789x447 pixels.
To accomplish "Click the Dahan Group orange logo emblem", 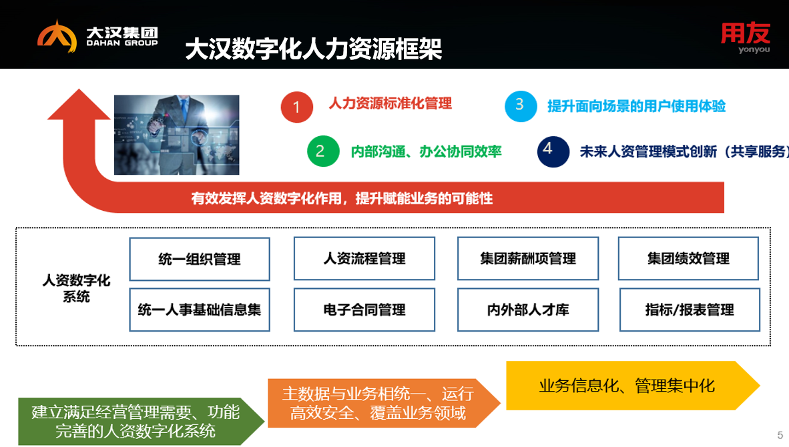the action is (x=57, y=36).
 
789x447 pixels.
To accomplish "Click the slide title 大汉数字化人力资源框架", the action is (x=314, y=49).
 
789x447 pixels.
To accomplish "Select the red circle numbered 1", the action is (x=297, y=107).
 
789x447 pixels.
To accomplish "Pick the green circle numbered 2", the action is (x=323, y=151).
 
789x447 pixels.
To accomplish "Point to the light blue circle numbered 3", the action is (x=521, y=106).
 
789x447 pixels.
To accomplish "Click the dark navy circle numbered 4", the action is (x=553, y=151).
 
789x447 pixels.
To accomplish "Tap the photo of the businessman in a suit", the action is (x=177, y=135).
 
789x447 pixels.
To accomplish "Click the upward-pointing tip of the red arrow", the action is (x=79, y=89).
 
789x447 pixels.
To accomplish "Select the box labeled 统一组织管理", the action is (x=200, y=259).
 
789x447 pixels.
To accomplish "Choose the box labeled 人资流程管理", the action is (x=364, y=258).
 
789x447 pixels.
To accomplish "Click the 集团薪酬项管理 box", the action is (x=528, y=258).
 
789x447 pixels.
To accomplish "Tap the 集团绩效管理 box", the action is (x=688, y=258).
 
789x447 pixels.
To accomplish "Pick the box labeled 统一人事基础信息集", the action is (x=200, y=310).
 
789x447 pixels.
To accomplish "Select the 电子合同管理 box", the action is (x=364, y=310).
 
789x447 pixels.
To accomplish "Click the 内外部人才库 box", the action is (x=528, y=310).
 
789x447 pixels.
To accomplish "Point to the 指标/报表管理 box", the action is (x=690, y=310).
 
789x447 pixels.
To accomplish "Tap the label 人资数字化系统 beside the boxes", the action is (x=77, y=288).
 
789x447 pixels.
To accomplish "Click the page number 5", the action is (x=780, y=435).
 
